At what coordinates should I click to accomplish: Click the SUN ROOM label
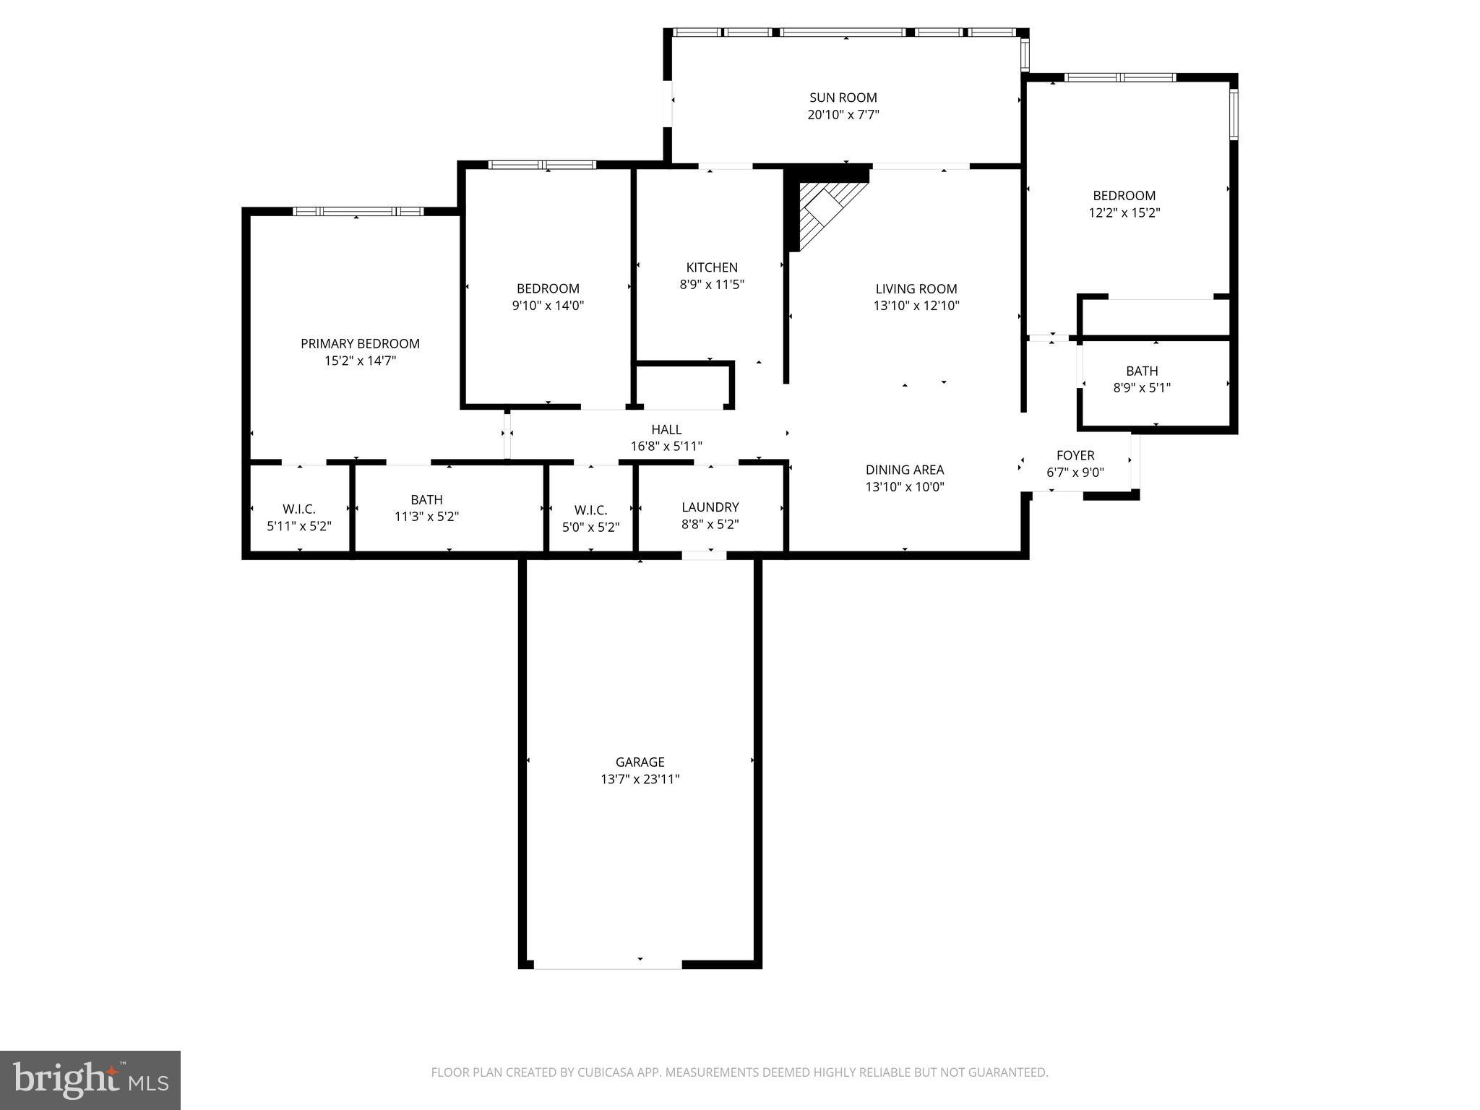pyautogui.click(x=843, y=98)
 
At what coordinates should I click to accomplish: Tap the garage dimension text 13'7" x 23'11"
pyautogui.click(x=640, y=779)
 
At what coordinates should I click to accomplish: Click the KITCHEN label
pyautogui.click(x=712, y=267)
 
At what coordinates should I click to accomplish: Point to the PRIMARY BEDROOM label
pyautogui.click(x=360, y=343)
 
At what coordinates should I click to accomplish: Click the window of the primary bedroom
pyautogui.click(x=358, y=211)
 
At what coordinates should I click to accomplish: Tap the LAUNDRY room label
pyautogui.click(x=710, y=507)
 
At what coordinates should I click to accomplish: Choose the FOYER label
pyautogui.click(x=1075, y=455)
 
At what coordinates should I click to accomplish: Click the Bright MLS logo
pyautogui.click(x=90, y=1080)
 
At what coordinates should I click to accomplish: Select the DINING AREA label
pyautogui.click(x=905, y=470)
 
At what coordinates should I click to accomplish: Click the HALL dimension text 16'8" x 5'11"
pyautogui.click(x=666, y=447)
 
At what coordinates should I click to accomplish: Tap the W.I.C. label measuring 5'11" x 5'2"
pyautogui.click(x=299, y=509)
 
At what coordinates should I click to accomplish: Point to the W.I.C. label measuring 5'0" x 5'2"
pyautogui.click(x=590, y=510)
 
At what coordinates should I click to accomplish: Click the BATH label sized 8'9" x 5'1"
pyautogui.click(x=1142, y=371)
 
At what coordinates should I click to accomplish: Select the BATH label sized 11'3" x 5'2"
pyautogui.click(x=426, y=499)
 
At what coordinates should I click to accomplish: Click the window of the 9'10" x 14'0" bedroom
pyautogui.click(x=542, y=165)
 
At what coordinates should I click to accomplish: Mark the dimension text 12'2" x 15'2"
pyautogui.click(x=1124, y=213)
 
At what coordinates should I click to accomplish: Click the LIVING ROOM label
pyautogui.click(x=916, y=288)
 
